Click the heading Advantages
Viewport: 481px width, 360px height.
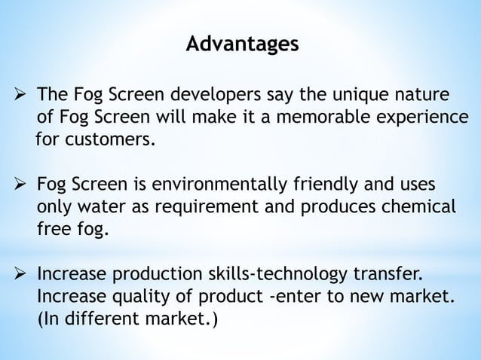click(x=241, y=44)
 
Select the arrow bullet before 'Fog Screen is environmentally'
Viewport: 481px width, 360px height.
click(x=22, y=185)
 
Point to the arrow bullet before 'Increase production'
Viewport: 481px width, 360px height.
click(x=22, y=274)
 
